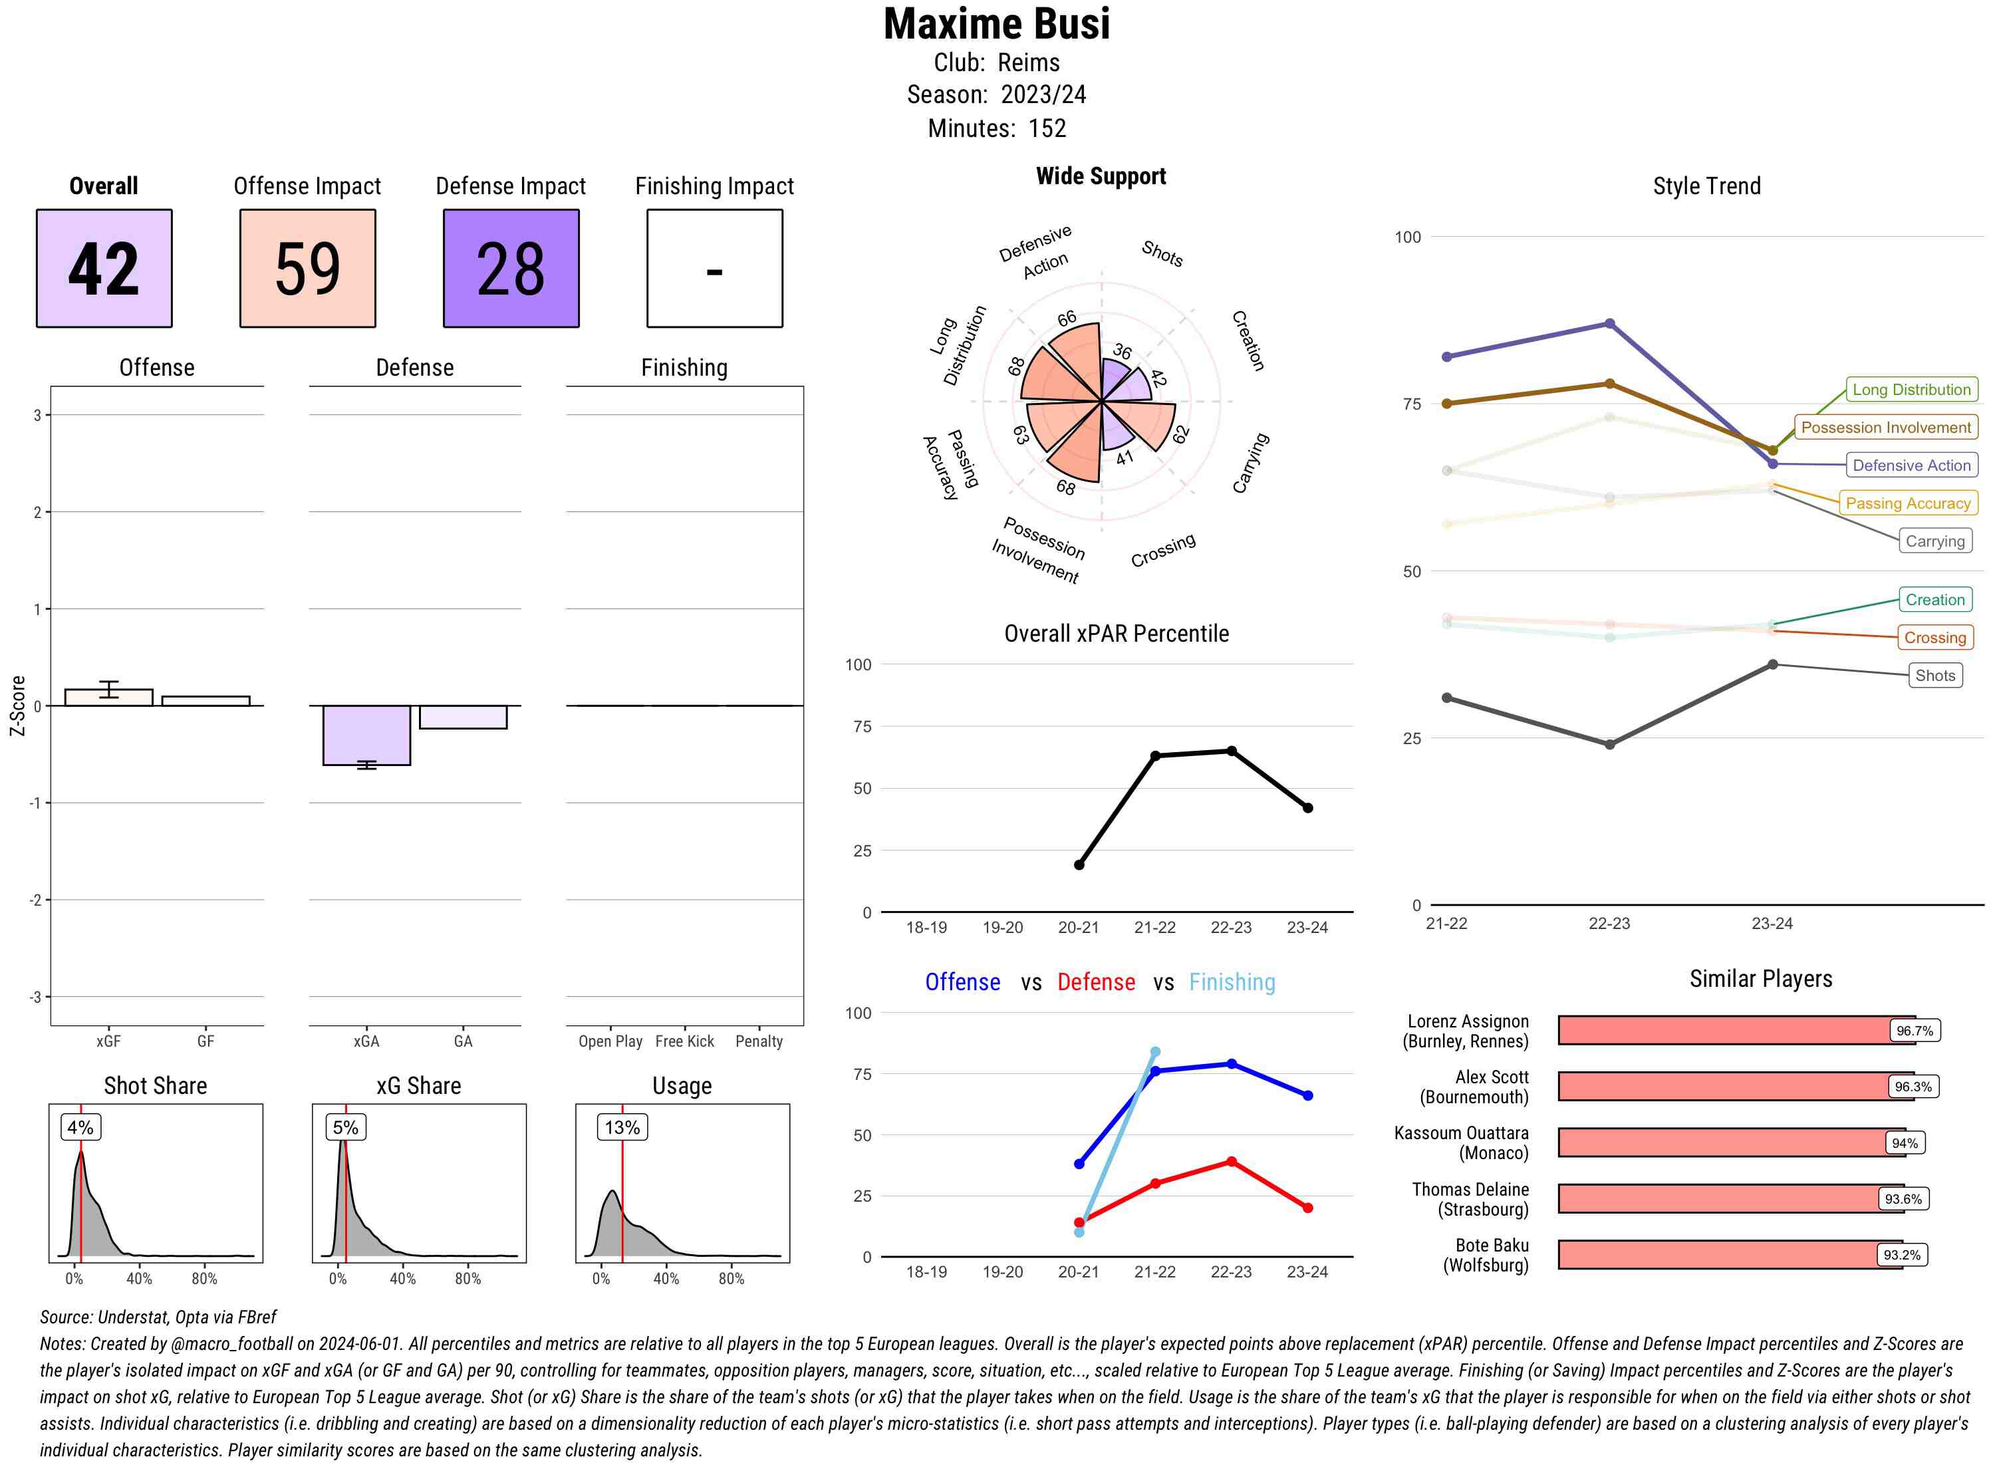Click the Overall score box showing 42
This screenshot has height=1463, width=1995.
(104, 269)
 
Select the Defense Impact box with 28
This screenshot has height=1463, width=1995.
(511, 269)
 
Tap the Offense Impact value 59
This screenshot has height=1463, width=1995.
(307, 269)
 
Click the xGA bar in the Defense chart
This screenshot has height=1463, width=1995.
(366, 735)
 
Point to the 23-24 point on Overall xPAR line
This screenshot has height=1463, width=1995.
(1307, 808)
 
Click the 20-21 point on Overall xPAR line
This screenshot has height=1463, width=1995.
(1079, 864)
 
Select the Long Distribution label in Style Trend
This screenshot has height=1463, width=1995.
(1911, 390)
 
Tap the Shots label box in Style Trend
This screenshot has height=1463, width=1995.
(1934, 676)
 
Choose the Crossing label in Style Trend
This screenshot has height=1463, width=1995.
(1934, 638)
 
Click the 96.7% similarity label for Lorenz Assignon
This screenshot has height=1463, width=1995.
(1913, 1031)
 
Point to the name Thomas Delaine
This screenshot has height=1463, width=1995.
(1470, 1189)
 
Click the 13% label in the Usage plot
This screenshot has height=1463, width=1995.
(622, 1127)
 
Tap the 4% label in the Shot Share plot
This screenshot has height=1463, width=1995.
(80, 1127)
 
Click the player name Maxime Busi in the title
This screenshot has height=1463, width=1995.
(996, 25)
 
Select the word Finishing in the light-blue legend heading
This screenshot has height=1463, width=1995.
(1232, 982)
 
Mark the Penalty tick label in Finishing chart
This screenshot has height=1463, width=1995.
(759, 1041)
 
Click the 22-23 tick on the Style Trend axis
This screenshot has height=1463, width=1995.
(1609, 924)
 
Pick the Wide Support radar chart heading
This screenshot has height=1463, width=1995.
(1101, 176)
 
